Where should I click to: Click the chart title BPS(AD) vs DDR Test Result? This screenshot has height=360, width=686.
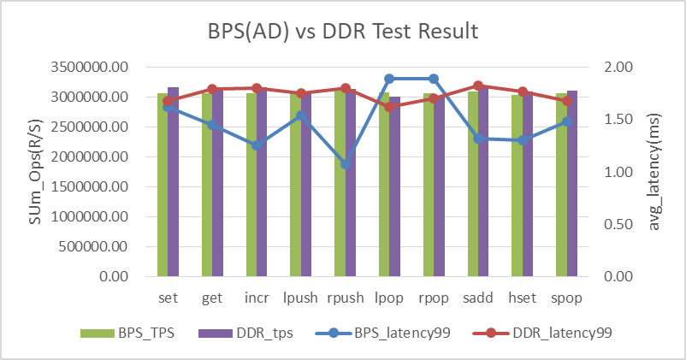click(343, 32)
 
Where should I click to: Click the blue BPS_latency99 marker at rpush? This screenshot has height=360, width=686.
click(346, 164)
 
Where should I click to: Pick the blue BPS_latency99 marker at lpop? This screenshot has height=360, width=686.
click(389, 79)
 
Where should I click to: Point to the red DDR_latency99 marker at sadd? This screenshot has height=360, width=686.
click(478, 86)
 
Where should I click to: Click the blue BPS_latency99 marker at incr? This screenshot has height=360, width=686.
click(257, 145)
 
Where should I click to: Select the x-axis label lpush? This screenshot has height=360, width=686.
click(301, 298)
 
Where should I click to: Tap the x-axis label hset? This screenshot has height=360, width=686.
click(523, 298)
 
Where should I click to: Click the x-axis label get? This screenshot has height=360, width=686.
click(212, 298)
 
